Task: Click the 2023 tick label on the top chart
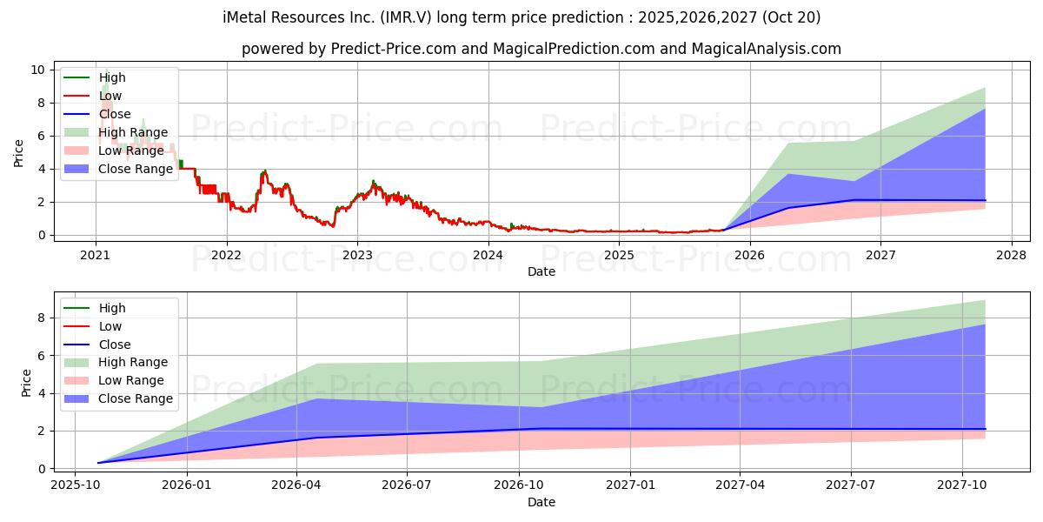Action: coord(357,255)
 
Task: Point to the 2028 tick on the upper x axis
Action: coord(1011,255)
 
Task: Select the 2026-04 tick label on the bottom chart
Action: coord(297,488)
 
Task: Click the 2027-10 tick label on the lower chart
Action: coord(962,488)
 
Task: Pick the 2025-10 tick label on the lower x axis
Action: coord(75,488)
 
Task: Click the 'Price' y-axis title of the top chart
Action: coord(18,153)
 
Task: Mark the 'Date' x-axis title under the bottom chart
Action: coord(541,502)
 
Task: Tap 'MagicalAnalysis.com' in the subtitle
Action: coord(766,49)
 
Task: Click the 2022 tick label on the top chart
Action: coord(227,255)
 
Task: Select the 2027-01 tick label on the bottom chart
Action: coord(629,488)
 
